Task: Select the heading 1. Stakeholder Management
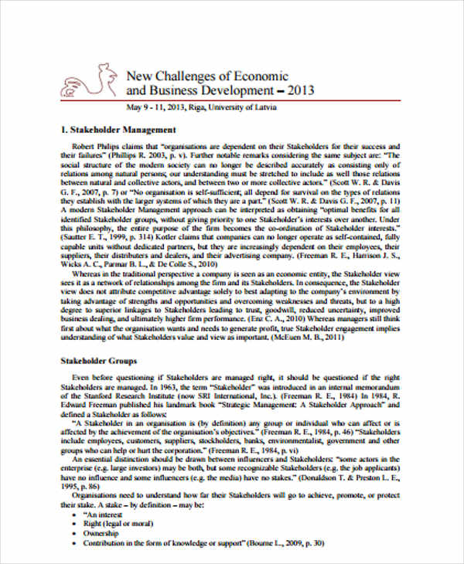118,129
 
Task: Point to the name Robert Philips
95,145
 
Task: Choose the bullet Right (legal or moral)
117,523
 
